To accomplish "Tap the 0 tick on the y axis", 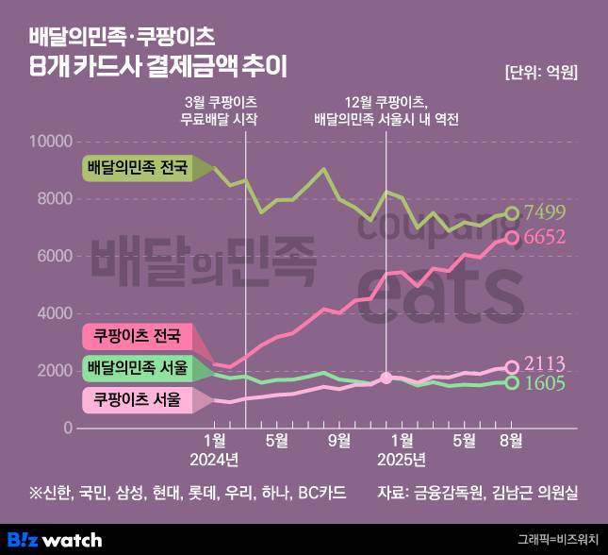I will (x=68, y=428).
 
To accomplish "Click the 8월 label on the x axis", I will (x=510, y=440).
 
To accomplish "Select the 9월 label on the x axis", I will (x=338, y=440).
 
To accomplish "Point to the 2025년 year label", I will (x=402, y=460).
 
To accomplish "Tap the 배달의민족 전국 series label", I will (x=137, y=169).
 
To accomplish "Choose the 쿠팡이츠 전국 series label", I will (x=137, y=337).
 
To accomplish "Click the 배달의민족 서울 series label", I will (x=137, y=367).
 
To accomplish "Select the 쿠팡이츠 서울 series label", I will (x=137, y=399).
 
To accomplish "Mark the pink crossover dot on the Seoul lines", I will (x=386, y=378).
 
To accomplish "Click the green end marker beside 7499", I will (x=512, y=213).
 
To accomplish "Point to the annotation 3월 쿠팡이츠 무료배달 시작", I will (x=220, y=111).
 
